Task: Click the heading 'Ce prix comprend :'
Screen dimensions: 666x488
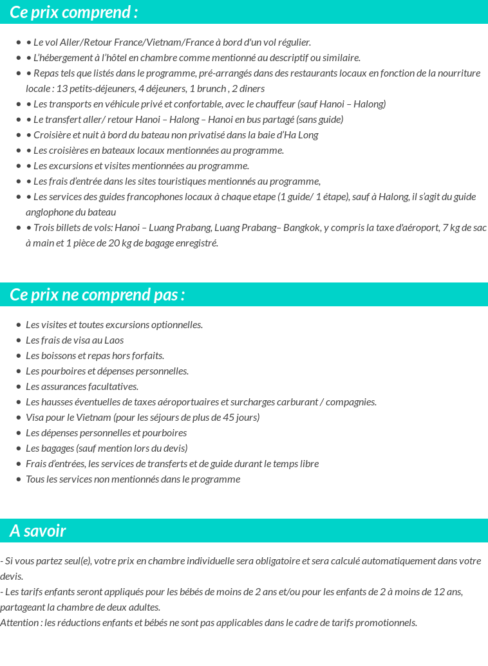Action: (73, 12)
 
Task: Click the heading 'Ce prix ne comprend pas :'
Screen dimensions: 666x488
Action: (97, 295)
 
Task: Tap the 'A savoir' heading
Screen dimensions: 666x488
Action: (38, 531)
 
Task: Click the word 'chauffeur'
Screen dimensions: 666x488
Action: (274, 104)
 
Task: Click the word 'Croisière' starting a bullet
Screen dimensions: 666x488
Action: (53, 135)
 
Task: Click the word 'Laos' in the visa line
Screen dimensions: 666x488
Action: (113, 340)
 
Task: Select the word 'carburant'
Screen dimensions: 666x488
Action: (303, 402)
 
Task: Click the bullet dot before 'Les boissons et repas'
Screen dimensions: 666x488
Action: (19, 356)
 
